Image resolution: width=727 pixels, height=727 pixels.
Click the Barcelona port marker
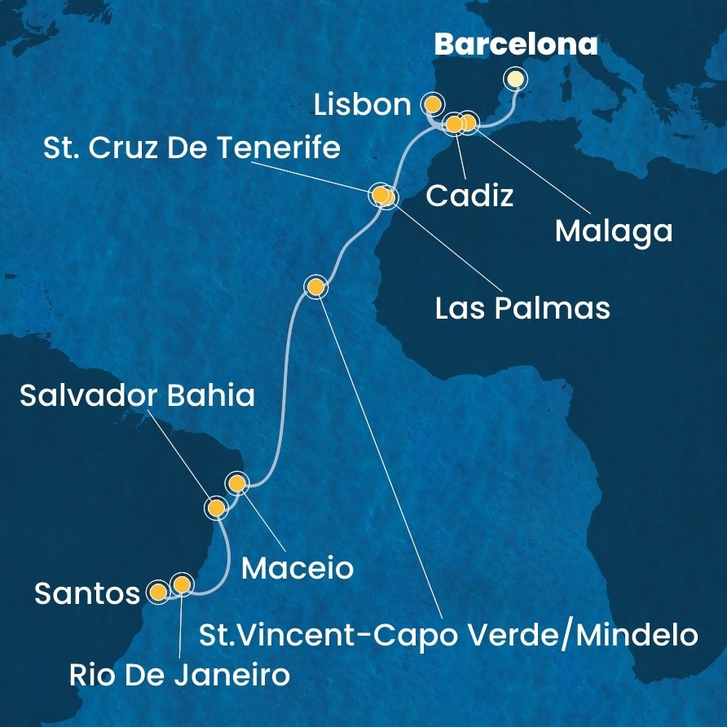click(x=515, y=79)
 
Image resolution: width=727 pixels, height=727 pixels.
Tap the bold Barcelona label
click(x=515, y=44)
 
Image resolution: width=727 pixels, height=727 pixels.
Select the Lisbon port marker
click(x=432, y=104)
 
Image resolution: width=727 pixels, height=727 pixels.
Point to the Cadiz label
click(x=470, y=196)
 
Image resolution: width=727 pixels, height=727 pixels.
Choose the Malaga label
click(x=614, y=231)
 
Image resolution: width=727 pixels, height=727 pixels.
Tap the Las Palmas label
click(x=522, y=308)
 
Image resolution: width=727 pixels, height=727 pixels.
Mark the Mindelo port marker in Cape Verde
click(x=315, y=286)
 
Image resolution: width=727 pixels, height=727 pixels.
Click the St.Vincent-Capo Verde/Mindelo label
click(x=448, y=634)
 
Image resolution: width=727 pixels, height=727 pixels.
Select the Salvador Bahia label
click(x=137, y=396)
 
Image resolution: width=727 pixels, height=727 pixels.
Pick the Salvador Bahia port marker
click(x=216, y=509)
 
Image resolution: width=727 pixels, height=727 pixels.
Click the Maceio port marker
click(x=237, y=484)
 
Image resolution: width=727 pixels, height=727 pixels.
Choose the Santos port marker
click(x=158, y=591)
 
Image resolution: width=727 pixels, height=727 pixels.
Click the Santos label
click(x=87, y=593)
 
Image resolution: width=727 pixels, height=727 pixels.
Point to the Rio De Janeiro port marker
click(x=181, y=584)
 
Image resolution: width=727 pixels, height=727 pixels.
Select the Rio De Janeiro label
click(x=178, y=676)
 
